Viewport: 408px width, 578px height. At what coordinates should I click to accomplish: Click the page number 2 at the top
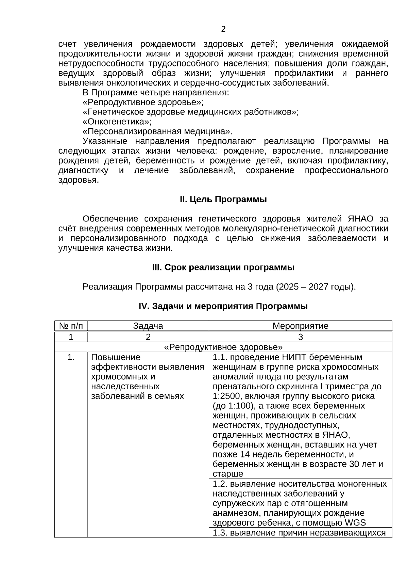(x=223, y=29)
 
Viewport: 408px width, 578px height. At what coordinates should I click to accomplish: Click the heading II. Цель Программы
(x=223, y=199)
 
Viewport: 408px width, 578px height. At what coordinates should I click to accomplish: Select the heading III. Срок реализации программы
(x=223, y=267)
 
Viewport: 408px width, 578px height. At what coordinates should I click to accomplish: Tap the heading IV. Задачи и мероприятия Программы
(x=223, y=306)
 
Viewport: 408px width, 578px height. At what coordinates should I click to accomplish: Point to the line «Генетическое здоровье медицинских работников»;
(x=190, y=112)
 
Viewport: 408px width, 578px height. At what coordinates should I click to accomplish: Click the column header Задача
(x=148, y=326)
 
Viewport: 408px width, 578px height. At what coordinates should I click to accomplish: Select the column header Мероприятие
(x=301, y=326)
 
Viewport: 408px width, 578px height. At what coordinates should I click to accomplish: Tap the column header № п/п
(x=71, y=326)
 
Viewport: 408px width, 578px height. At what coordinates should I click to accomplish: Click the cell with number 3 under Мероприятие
(x=301, y=337)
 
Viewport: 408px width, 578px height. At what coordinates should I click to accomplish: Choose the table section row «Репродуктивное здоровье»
(x=223, y=347)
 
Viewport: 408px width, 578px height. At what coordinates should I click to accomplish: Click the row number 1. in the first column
(x=71, y=357)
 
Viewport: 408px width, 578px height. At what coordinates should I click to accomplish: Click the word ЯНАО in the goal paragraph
(x=361, y=219)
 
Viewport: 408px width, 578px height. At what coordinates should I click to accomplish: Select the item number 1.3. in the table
(x=220, y=533)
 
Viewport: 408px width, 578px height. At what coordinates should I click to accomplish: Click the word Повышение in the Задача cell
(x=116, y=357)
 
